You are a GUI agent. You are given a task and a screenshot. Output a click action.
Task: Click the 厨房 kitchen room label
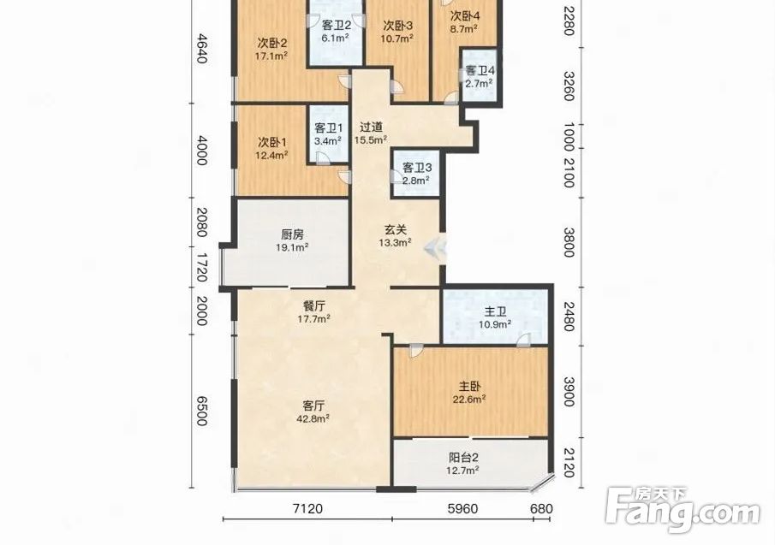point(292,234)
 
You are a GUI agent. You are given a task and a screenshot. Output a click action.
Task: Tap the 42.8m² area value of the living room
point(313,419)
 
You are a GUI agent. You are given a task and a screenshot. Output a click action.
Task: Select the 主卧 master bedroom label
point(469,387)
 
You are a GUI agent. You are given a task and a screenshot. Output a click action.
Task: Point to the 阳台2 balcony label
point(462,458)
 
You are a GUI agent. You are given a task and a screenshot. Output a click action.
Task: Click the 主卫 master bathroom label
point(495,311)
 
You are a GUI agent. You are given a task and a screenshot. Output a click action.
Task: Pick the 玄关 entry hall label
point(396,229)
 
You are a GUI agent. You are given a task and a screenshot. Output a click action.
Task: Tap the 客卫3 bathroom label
point(417,168)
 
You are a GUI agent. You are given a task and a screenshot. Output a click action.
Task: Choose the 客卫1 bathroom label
point(329,127)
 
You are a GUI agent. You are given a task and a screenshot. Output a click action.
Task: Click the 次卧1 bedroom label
point(271,142)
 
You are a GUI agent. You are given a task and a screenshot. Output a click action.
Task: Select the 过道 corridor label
point(371,127)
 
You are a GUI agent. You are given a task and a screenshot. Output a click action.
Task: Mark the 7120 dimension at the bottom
point(307,508)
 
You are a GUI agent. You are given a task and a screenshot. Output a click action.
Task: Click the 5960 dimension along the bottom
point(462,508)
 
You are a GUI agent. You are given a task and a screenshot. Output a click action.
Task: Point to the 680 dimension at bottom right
point(541,508)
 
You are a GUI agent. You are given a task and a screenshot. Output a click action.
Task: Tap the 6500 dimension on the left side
point(201,410)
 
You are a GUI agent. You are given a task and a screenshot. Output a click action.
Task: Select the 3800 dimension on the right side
point(569,242)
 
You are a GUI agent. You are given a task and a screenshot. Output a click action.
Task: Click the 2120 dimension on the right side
point(569,463)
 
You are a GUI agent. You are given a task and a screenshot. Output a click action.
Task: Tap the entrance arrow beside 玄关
point(435,246)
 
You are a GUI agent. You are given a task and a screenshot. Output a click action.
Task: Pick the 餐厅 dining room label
point(313,305)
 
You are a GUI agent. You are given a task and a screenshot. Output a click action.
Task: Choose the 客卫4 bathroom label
point(480,70)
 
